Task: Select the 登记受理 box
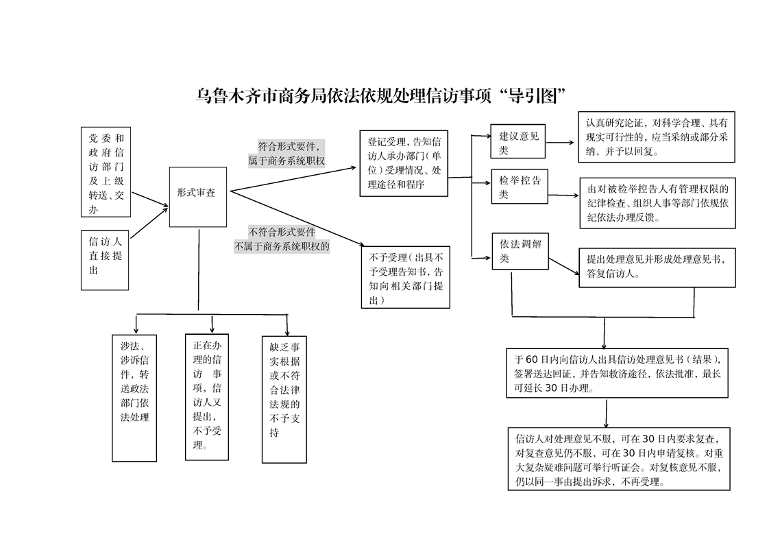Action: coord(404,163)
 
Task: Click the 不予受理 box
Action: coord(406,276)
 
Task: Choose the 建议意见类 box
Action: coord(519,143)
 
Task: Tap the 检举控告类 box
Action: coord(520,187)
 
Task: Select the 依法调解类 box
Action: coord(520,251)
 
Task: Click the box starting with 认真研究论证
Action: coord(657,138)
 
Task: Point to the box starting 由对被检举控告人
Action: coord(657,202)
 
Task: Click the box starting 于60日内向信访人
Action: coord(617,372)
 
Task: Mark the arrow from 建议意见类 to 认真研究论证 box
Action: coord(561,143)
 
